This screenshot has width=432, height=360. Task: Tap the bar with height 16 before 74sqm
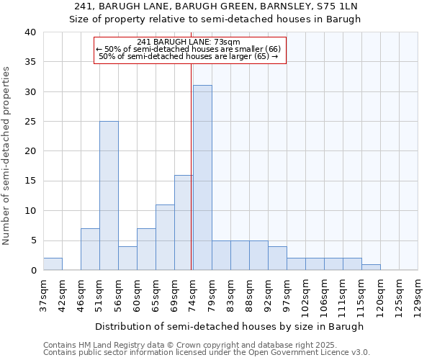184,222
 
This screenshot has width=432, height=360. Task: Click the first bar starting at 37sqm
53,264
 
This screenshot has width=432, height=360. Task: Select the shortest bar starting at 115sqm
371,267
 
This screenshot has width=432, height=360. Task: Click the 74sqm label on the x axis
193,296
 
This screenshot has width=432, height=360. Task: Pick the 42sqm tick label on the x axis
62,296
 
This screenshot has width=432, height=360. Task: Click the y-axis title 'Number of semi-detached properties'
7,156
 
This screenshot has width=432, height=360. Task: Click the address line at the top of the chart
215,6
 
